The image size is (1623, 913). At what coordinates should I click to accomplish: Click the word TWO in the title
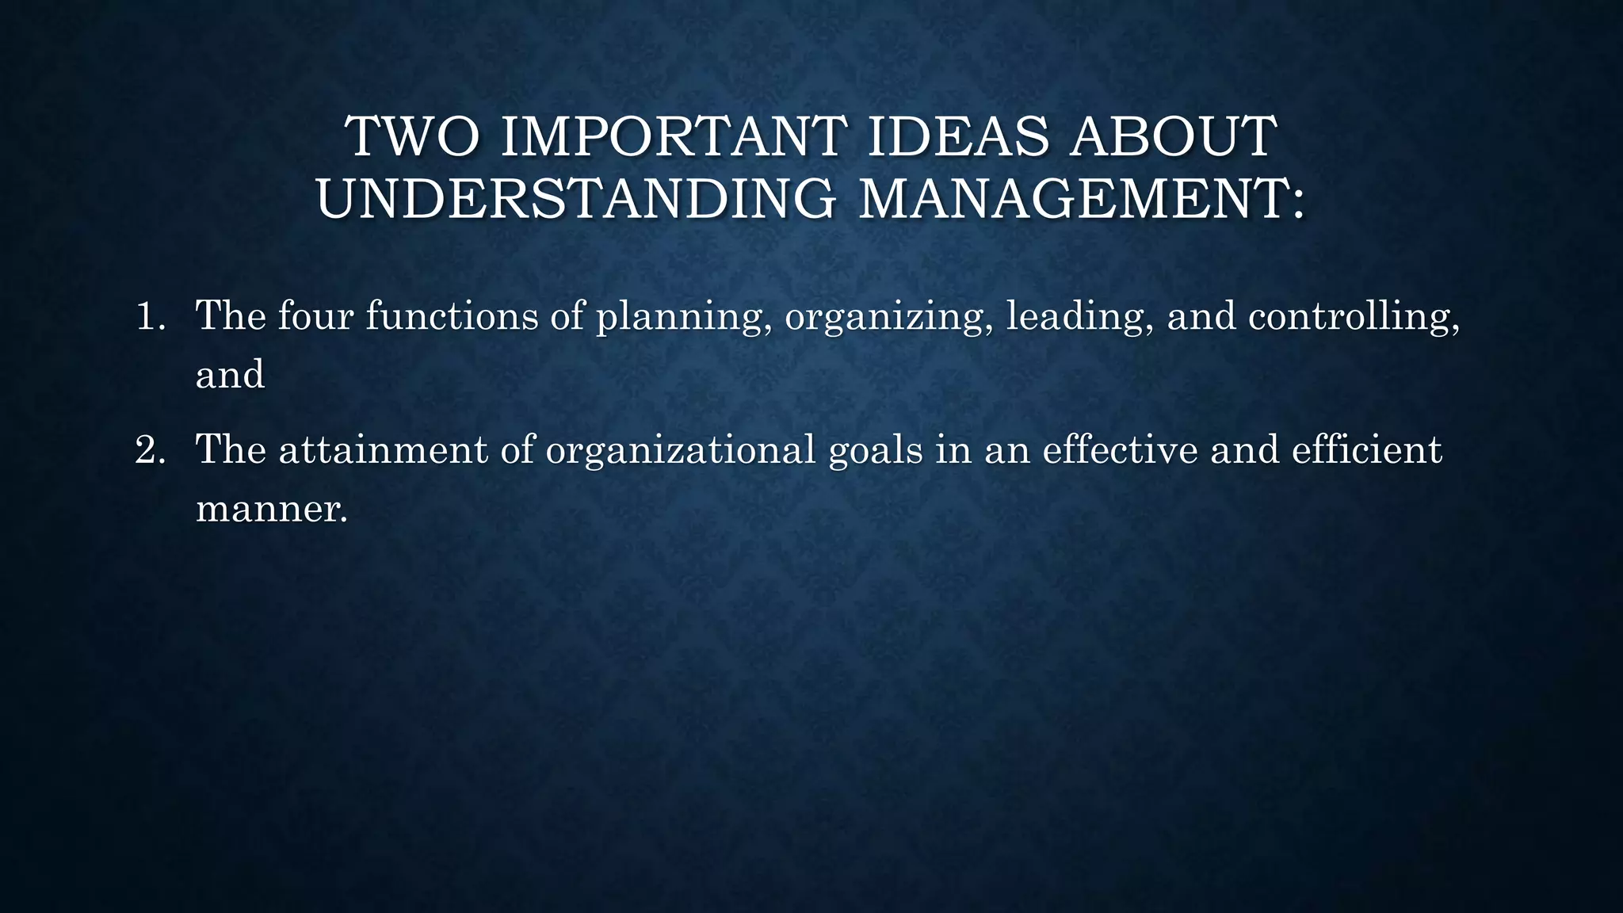tap(412, 136)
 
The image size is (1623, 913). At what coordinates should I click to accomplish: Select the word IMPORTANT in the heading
tap(674, 136)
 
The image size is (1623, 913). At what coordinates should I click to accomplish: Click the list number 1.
tap(148, 316)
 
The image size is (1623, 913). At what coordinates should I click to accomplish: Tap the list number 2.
tap(149, 450)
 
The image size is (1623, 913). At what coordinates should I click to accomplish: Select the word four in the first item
tap(315, 315)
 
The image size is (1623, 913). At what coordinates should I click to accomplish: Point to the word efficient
tap(1366, 450)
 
